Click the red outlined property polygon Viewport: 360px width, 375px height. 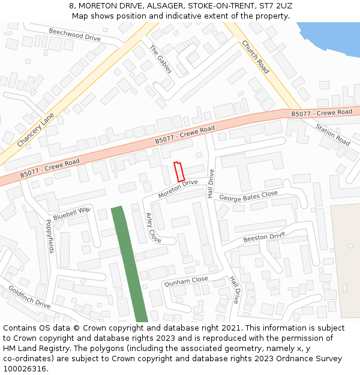tap(179, 172)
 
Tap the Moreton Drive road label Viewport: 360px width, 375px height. tap(178, 189)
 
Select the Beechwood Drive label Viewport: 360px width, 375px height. tap(74, 34)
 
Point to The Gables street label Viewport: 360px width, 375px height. tap(161, 59)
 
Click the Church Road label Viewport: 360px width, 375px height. tap(256, 57)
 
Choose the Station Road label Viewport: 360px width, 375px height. tap(333, 134)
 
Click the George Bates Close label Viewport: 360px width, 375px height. tap(248, 196)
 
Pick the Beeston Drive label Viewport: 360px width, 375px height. tap(264, 238)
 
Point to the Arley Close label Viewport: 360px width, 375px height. tap(154, 228)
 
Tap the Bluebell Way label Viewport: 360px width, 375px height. tap(71, 214)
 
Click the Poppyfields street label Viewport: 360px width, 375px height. tap(49, 236)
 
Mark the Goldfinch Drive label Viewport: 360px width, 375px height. tap(29, 296)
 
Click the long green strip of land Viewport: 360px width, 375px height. tap(129, 264)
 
